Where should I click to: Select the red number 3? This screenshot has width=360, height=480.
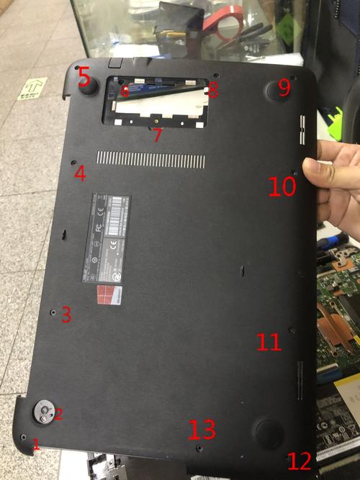tap(66, 314)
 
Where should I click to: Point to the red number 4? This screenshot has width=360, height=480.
tap(80, 173)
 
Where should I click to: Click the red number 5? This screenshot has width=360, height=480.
tap(84, 74)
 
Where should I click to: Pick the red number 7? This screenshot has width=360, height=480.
tap(158, 135)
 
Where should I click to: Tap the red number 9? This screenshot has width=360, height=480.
tap(284, 88)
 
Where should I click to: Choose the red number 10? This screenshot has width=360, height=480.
tap(282, 187)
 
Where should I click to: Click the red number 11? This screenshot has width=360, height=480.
tap(269, 341)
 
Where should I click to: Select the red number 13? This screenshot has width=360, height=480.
tap(202, 430)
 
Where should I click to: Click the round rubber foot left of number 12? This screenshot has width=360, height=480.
tap(269, 433)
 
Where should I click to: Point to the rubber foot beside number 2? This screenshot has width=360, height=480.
tap(45, 411)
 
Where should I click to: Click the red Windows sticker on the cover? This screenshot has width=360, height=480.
tap(109, 295)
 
